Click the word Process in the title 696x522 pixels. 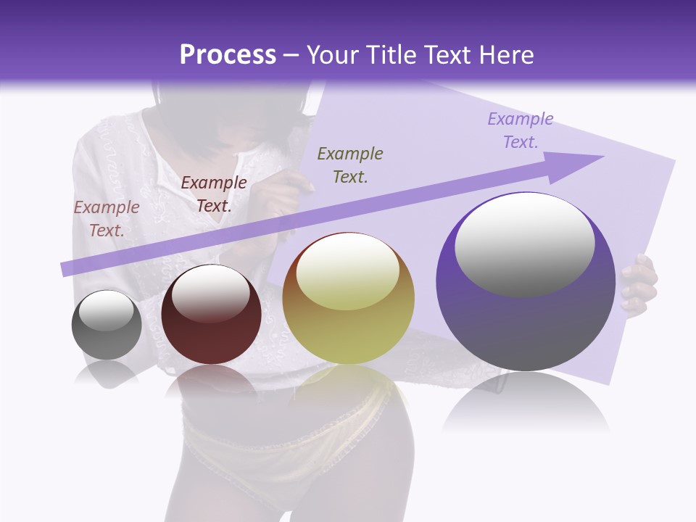[x=228, y=55]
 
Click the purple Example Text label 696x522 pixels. [x=521, y=130]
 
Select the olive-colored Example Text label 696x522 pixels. [x=350, y=165]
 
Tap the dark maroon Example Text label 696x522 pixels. [x=213, y=194]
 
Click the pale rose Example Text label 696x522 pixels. [x=107, y=219]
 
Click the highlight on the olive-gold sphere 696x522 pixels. [x=347, y=272]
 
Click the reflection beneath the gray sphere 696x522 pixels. [x=106, y=373]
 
